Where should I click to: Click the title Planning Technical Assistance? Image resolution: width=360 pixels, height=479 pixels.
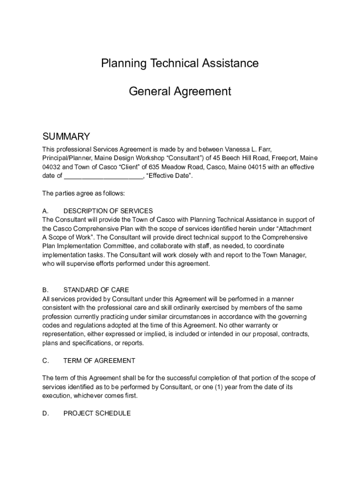point(180,63)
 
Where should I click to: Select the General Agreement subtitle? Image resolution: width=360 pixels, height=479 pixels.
point(180,91)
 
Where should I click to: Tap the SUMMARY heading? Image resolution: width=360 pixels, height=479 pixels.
point(66,137)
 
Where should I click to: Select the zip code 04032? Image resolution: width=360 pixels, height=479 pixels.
point(51,167)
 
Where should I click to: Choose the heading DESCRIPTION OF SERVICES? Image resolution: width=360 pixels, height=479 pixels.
point(108,211)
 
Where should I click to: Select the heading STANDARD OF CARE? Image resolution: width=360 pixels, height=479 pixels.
point(96,290)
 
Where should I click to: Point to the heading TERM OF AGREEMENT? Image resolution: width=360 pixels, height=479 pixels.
point(99,361)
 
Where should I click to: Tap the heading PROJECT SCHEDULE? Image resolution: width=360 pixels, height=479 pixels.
point(97,414)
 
